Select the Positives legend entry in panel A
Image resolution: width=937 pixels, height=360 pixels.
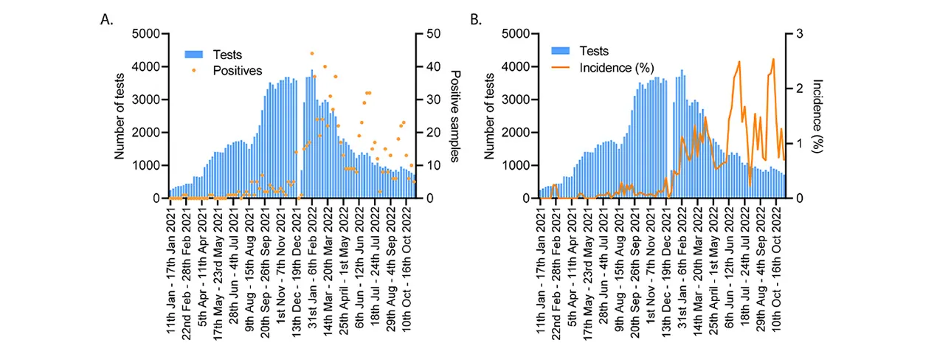(x=237, y=71)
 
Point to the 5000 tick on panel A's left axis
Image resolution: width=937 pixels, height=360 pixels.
(x=147, y=34)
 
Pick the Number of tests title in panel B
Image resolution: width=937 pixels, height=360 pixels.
(x=489, y=116)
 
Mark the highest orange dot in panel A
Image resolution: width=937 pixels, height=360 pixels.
(x=312, y=54)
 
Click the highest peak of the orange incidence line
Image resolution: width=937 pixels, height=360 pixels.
(x=773, y=59)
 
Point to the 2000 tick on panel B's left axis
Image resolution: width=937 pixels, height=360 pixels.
(x=516, y=133)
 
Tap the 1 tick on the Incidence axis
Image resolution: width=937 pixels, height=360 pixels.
(x=798, y=143)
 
